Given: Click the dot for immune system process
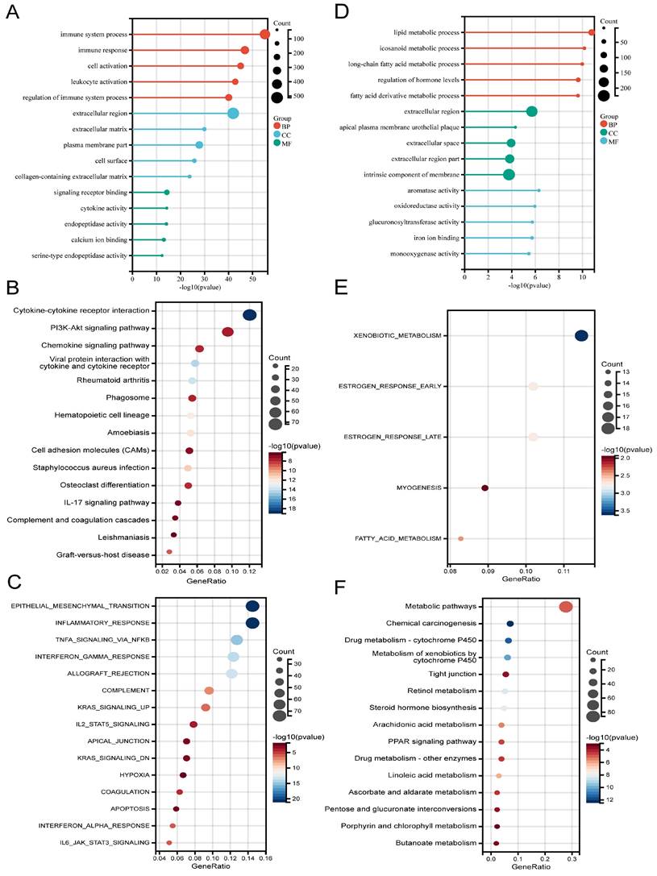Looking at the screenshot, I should [264, 34].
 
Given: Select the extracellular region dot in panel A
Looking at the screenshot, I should [233, 114].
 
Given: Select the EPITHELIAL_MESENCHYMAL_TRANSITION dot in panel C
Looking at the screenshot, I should [252, 606].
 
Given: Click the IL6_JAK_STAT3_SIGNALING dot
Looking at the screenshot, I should [168, 843].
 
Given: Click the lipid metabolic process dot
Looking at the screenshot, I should [592, 32].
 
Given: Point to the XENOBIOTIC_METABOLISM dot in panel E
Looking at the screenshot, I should [581, 336].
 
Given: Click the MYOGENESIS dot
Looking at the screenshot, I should [484, 488].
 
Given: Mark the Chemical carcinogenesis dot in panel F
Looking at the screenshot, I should [510, 624].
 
